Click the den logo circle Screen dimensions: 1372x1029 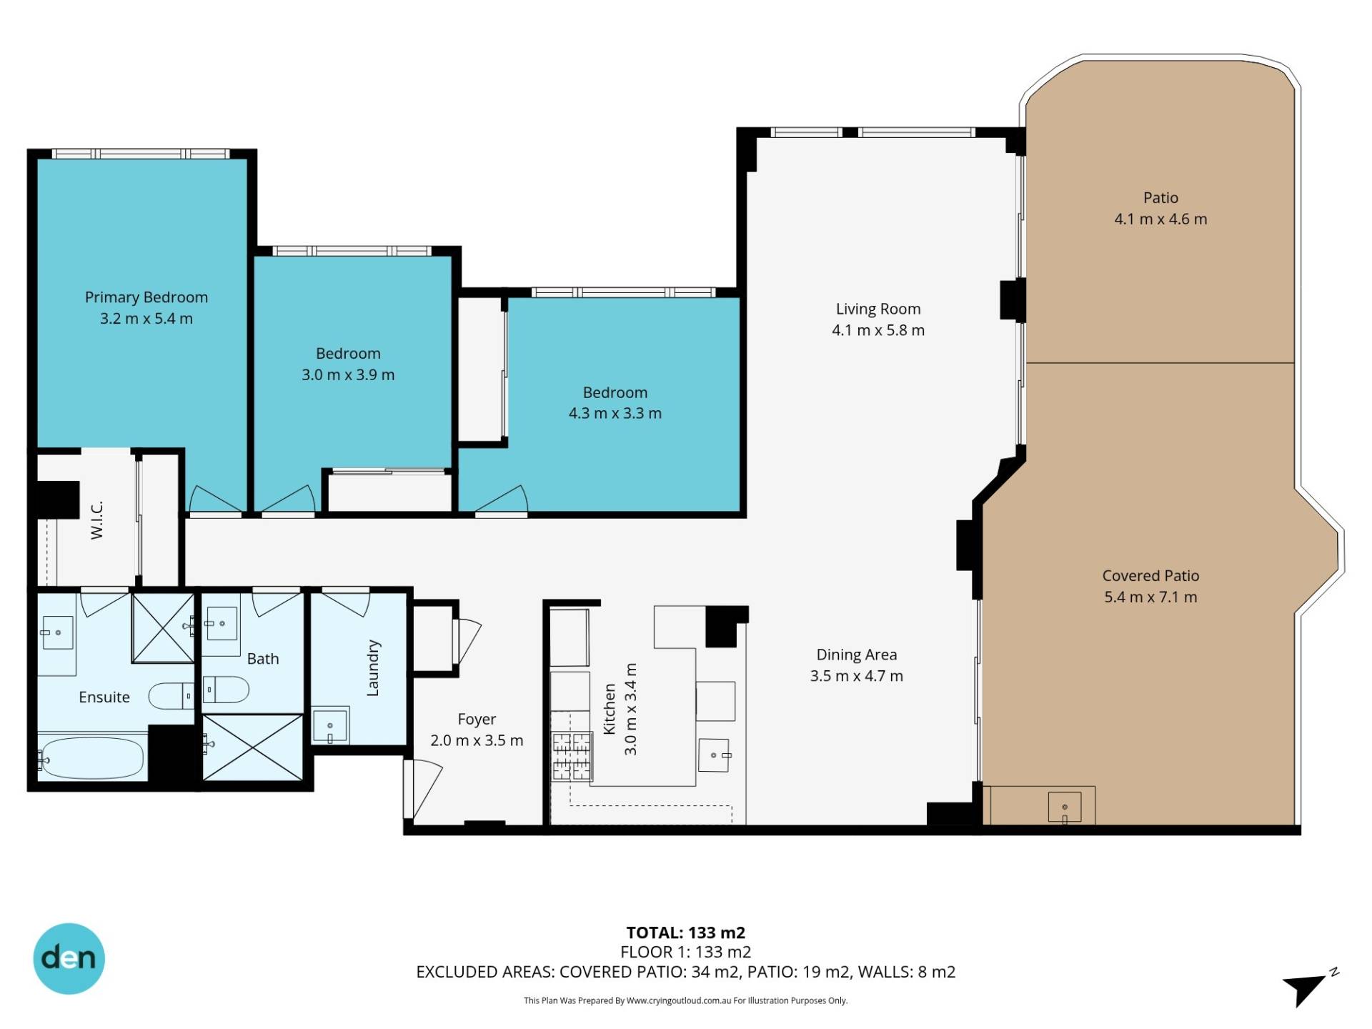pyautogui.click(x=69, y=958)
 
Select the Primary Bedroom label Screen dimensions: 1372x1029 pyautogui.click(x=146, y=297)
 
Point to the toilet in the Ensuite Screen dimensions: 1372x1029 pyautogui.click(x=171, y=695)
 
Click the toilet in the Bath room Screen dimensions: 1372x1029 pyautogui.click(x=226, y=690)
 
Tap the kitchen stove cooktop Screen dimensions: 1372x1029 pyautogui.click(x=572, y=757)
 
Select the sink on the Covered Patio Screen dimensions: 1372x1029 pyautogui.click(x=1064, y=807)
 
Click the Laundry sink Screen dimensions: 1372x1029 pyautogui.click(x=330, y=726)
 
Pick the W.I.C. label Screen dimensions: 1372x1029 pyautogui.click(x=97, y=520)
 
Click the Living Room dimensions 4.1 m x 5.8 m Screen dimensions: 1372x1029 pyautogui.click(x=878, y=330)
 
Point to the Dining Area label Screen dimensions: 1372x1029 pyautogui.click(x=857, y=655)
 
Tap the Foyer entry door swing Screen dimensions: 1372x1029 pyautogui.click(x=423, y=790)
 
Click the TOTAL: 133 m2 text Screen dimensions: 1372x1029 pyautogui.click(x=686, y=933)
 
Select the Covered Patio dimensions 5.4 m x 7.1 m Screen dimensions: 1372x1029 pyautogui.click(x=1150, y=597)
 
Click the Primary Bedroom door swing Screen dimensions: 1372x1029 pyautogui.click(x=215, y=499)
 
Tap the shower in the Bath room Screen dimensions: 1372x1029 pyautogui.click(x=253, y=747)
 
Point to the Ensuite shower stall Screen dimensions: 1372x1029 pyautogui.click(x=163, y=627)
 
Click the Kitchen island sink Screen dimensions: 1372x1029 pyautogui.click(x=714, y=755)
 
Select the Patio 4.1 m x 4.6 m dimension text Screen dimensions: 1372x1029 pyautogui.click(x=1160, y=219)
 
